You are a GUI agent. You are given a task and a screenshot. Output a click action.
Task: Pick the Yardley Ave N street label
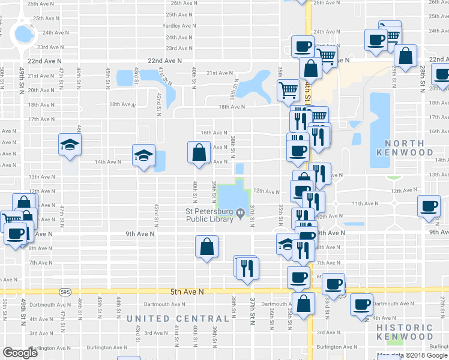tap(179, 26)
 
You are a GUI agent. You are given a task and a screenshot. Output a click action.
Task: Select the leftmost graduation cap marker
tap(70, 145)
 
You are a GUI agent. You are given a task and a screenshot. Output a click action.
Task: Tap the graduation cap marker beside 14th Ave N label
tap(144, 155)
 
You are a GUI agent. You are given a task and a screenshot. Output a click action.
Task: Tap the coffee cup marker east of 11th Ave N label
tap(429, 206)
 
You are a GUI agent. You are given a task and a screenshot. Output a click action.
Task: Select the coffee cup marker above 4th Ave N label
tap(361, 304)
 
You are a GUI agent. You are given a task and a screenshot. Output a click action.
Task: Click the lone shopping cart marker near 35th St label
tap(288, 90)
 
